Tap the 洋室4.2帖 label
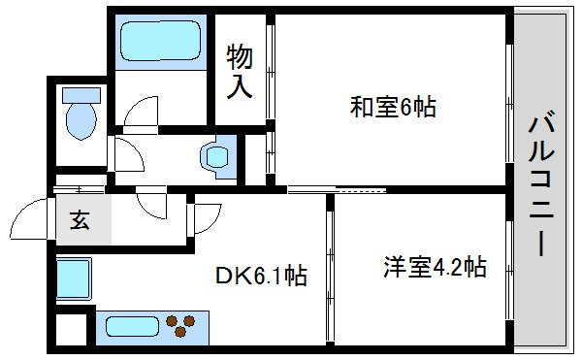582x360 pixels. pyautogui.click(x=434, y=266)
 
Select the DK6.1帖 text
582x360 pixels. pyautogui.click(x=261, y=277)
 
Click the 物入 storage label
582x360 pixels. pyautogui.click(x=240, y=71)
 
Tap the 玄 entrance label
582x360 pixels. pyautogui.click(x=79, y=220)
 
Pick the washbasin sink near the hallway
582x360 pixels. pyautogui.click(x=216, y=155)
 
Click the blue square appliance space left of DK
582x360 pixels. pyautogui.click(x=73, y=279)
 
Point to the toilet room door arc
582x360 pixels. pyautogui.click(x=126, y=155)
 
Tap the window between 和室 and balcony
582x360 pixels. pyautogui.click(x=508, y=97)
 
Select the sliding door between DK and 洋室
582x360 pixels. pyautogui.click(x=330, y=272)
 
